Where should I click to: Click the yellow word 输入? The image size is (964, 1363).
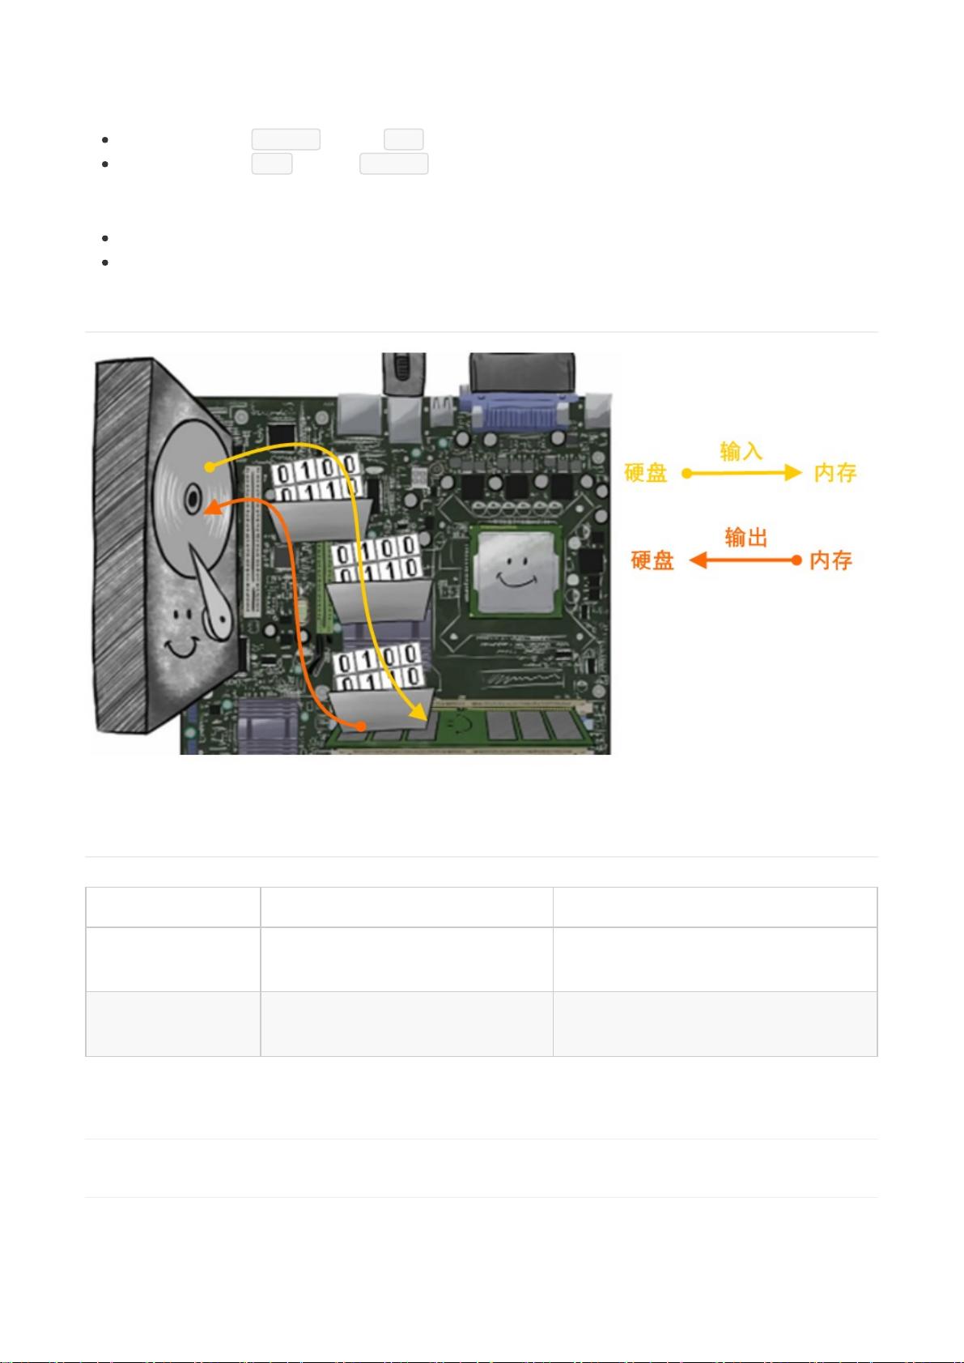coord(741,451)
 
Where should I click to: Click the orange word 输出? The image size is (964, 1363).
coord(746,538)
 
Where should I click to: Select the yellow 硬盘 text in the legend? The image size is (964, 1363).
coord(646,473)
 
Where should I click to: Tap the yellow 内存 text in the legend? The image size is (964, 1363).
coord(835,473)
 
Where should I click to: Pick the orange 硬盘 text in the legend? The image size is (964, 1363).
coord(652,560)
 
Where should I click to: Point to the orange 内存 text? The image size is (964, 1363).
coord(830,560)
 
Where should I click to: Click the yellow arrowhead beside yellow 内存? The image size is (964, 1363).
coord(793,473)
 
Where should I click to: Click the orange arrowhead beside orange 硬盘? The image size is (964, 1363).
coord(698,560)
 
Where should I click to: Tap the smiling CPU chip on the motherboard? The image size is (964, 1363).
coord(516,572)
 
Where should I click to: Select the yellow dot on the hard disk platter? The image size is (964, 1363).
coord(209,466)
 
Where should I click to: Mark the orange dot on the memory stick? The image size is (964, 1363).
coord(361,726)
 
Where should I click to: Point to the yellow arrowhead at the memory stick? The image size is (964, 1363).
coord(419,712)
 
